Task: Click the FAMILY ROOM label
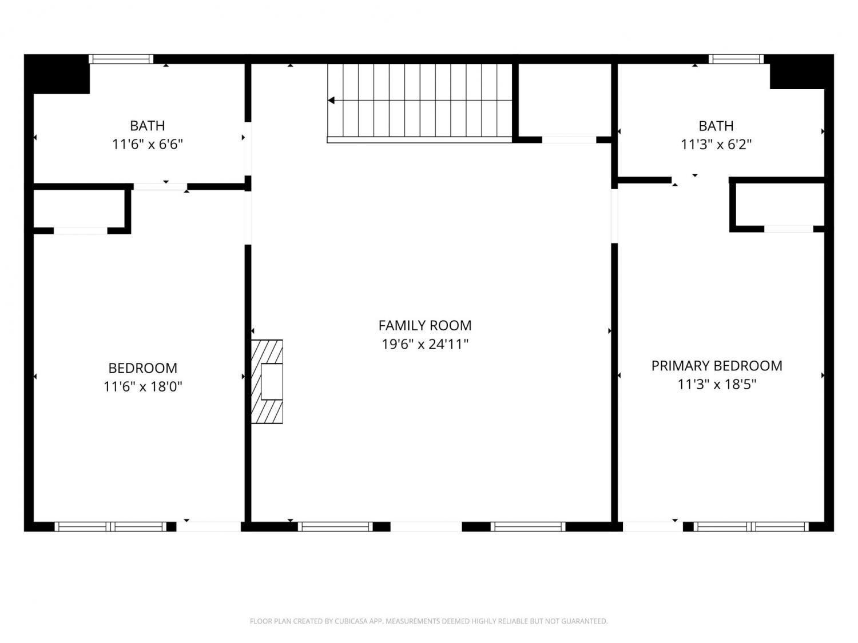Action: point(425,325)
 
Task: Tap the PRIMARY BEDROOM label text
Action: point(717,366)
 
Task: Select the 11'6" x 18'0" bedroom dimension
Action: point(142,386)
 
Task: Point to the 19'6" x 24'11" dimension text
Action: point(425,344)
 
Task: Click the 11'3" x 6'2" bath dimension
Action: point(716,145)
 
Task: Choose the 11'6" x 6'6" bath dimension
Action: point(148,145)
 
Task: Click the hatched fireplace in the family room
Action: point(267,381)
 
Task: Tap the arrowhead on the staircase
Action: point(331,101)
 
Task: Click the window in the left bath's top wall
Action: point(121,59)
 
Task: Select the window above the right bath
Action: point(736,59)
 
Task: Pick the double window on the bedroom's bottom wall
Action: point(110,526)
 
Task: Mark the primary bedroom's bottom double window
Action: point(751,526)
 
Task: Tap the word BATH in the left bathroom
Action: point(148,126)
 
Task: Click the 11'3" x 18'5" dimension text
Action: point(717,385)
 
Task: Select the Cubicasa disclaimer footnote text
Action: point(429,621)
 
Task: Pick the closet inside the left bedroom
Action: point(79,209)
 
